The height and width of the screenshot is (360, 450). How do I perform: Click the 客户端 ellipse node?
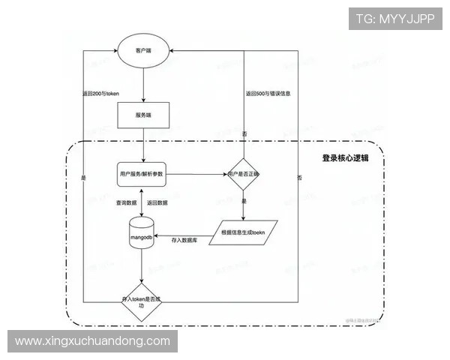[142, 51]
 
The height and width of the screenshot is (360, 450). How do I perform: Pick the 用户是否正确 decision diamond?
[244, 174]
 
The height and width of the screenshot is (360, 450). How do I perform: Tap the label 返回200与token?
[101, 94]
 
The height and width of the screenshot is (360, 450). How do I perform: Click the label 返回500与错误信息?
[268, 94]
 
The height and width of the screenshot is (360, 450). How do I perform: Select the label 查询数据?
[126, 202]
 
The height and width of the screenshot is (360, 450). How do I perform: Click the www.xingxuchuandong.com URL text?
[93, 341]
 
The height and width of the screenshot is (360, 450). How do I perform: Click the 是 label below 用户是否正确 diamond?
[244, 202]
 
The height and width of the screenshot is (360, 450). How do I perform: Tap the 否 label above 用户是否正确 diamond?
[244, 133]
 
